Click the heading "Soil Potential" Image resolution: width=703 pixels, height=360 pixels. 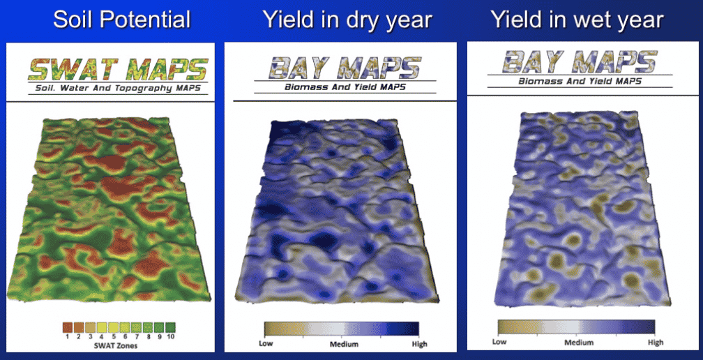[122, 20]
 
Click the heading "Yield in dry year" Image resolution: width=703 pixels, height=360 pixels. [347, 20]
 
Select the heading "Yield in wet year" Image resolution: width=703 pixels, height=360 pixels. [577, 20]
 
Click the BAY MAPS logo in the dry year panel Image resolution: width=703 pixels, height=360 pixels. [345, 67]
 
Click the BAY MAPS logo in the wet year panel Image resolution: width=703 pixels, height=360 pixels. [580, 61]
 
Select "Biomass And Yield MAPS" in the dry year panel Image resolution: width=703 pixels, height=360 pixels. [345, 87]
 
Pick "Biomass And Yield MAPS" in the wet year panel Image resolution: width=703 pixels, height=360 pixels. [580, 81]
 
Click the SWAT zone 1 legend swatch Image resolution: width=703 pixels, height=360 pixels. [67, 327]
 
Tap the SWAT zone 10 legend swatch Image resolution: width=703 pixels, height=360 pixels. [170, 327]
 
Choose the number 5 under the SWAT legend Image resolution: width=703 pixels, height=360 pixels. [113, 336]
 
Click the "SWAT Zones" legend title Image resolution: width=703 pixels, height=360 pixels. [119, 345]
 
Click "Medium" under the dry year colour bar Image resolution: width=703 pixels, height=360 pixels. [345, 344]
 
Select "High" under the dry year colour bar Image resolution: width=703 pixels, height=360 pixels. [418, 344]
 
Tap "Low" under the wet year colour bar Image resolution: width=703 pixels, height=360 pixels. [499, 342]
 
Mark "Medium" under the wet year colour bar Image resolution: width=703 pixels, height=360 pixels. [578, 342]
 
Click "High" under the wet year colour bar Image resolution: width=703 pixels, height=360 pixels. [656, 342]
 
